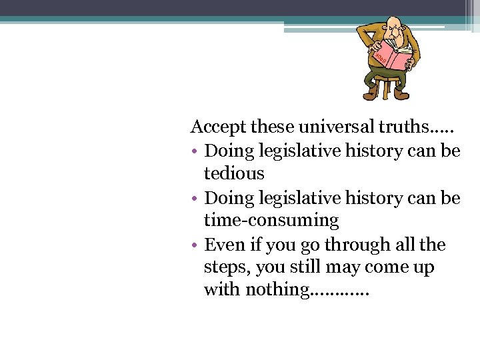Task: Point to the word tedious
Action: point(234,173)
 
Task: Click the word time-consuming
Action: point(271,220)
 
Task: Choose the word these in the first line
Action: point(272,126)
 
